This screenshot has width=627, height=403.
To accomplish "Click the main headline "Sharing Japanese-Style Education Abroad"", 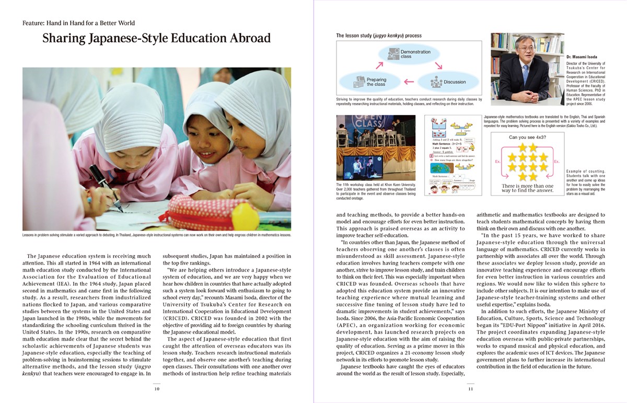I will (x=156, y=39).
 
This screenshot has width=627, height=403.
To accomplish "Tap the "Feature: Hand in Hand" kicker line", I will (x=79, y=23).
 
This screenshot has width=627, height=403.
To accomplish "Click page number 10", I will (x=156, y=388).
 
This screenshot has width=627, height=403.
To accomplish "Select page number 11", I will (x=470, y=388).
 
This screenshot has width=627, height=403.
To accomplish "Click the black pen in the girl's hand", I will (x=108, y=189).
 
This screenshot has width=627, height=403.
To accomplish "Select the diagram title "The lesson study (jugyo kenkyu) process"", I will (x=379, y=36).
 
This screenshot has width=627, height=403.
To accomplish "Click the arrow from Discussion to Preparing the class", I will (x=409, y=82).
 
